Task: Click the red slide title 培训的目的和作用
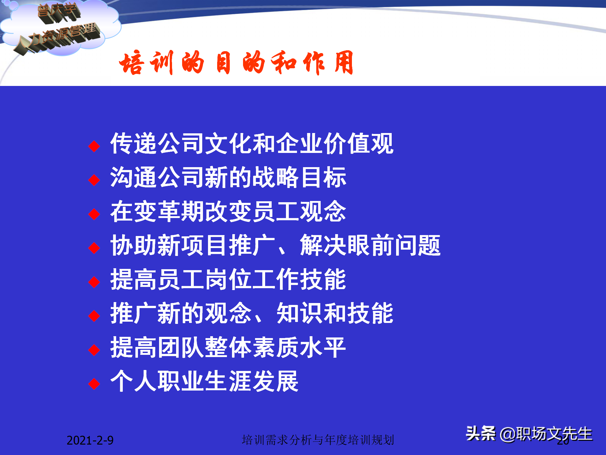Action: (x=236, y=63)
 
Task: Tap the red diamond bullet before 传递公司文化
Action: (x=94, y=146)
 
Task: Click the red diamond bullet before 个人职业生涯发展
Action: (x=94, y=384)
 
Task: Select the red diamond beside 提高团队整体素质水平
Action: (x=94, y=350)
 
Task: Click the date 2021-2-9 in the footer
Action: (x=90, y=440)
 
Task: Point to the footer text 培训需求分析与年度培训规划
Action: (x=318, y=440)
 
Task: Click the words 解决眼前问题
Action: (x=370, y=245)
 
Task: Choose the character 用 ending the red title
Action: (x=343, y=63)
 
